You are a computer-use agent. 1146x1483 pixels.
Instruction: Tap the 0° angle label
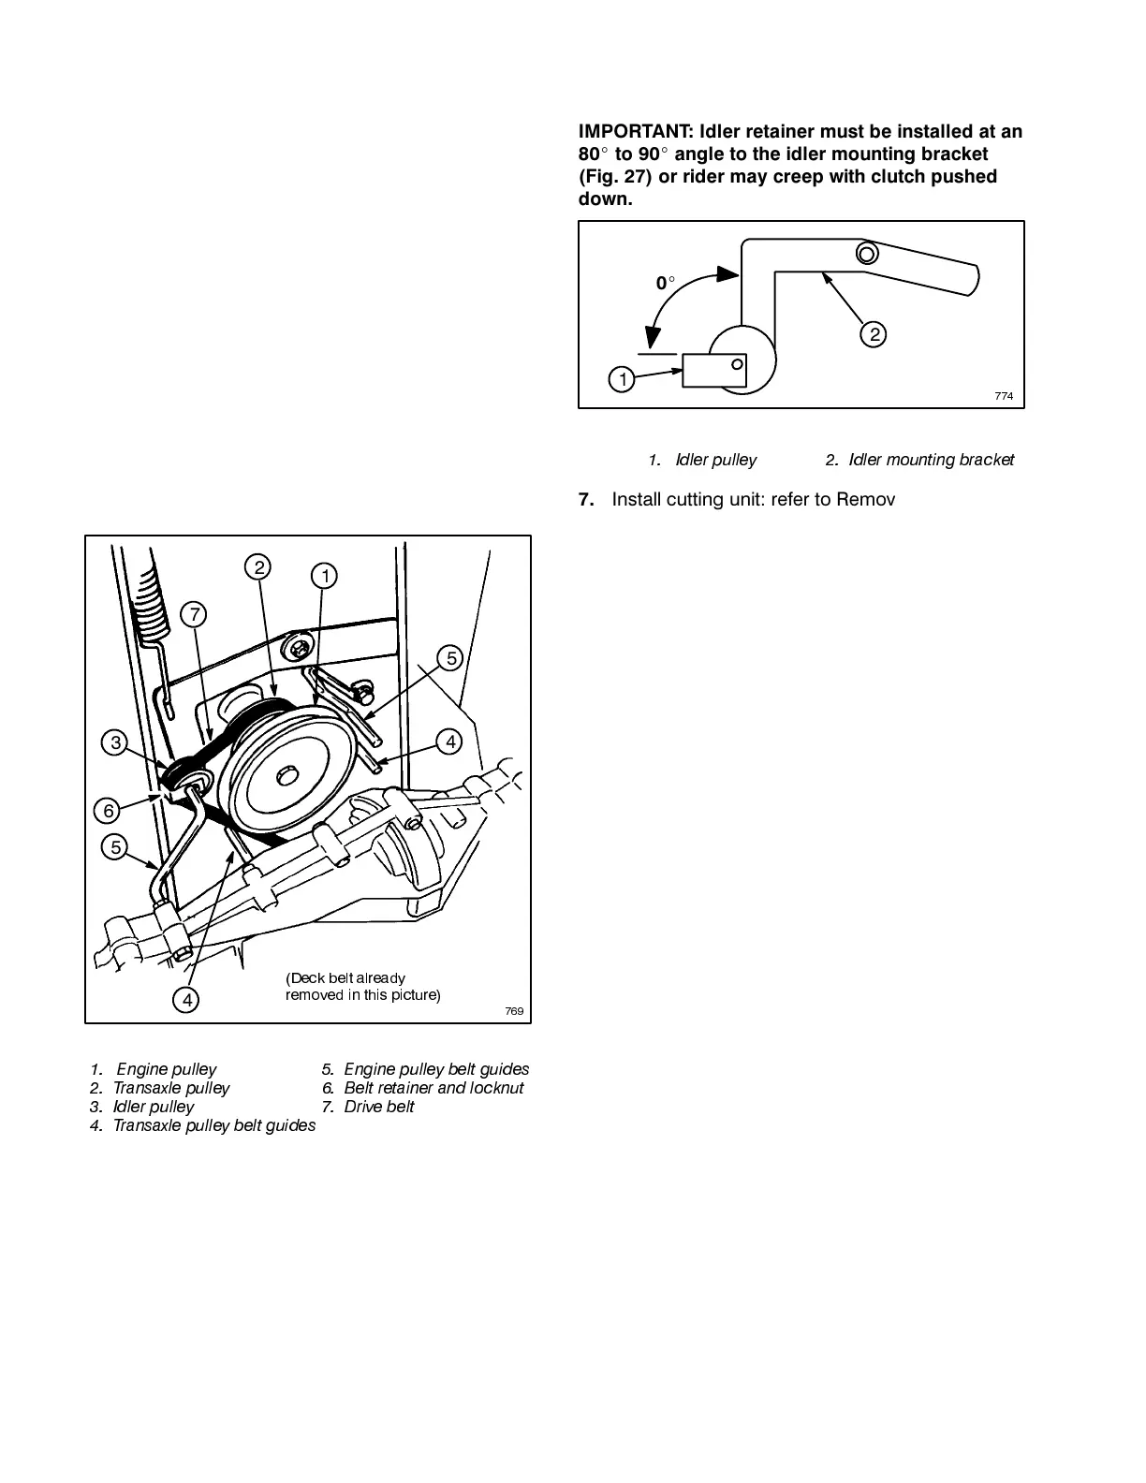(x=665, y=283)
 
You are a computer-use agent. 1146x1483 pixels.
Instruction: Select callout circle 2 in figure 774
(x=873, y=334)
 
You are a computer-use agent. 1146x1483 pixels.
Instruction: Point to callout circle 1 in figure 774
(x=621, y=379)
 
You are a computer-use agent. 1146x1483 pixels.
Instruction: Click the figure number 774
(x=1003, y=396)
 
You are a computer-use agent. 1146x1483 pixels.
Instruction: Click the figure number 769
(x=513, y=1011)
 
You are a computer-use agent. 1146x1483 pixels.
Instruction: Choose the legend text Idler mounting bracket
(x=931, y=460)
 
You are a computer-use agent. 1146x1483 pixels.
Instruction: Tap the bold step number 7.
(x=586, y=500)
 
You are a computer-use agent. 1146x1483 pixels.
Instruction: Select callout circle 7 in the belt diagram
(x=194, y=615)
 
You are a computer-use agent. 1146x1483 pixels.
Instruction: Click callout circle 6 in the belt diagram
(x=109, y=810)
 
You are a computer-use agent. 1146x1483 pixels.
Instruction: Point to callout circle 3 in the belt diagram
(x=115, y=743)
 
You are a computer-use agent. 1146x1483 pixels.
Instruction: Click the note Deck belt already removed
(x=362, y=987)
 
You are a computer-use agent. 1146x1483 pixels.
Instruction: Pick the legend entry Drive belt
(x=378, y=1107)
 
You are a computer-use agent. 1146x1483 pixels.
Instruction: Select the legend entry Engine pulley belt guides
(x=435, y=1069)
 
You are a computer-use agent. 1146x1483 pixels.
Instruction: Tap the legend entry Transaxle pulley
(x=170, y=1088)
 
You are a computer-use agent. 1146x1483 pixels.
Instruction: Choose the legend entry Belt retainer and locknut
(x=433, y=1088)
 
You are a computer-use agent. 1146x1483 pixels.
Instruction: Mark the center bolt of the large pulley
(x=288, y=776)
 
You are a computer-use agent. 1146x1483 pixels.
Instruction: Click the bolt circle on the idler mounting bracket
(x=866, y=253)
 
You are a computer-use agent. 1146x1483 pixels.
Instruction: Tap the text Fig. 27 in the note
(x=614, y=177)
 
